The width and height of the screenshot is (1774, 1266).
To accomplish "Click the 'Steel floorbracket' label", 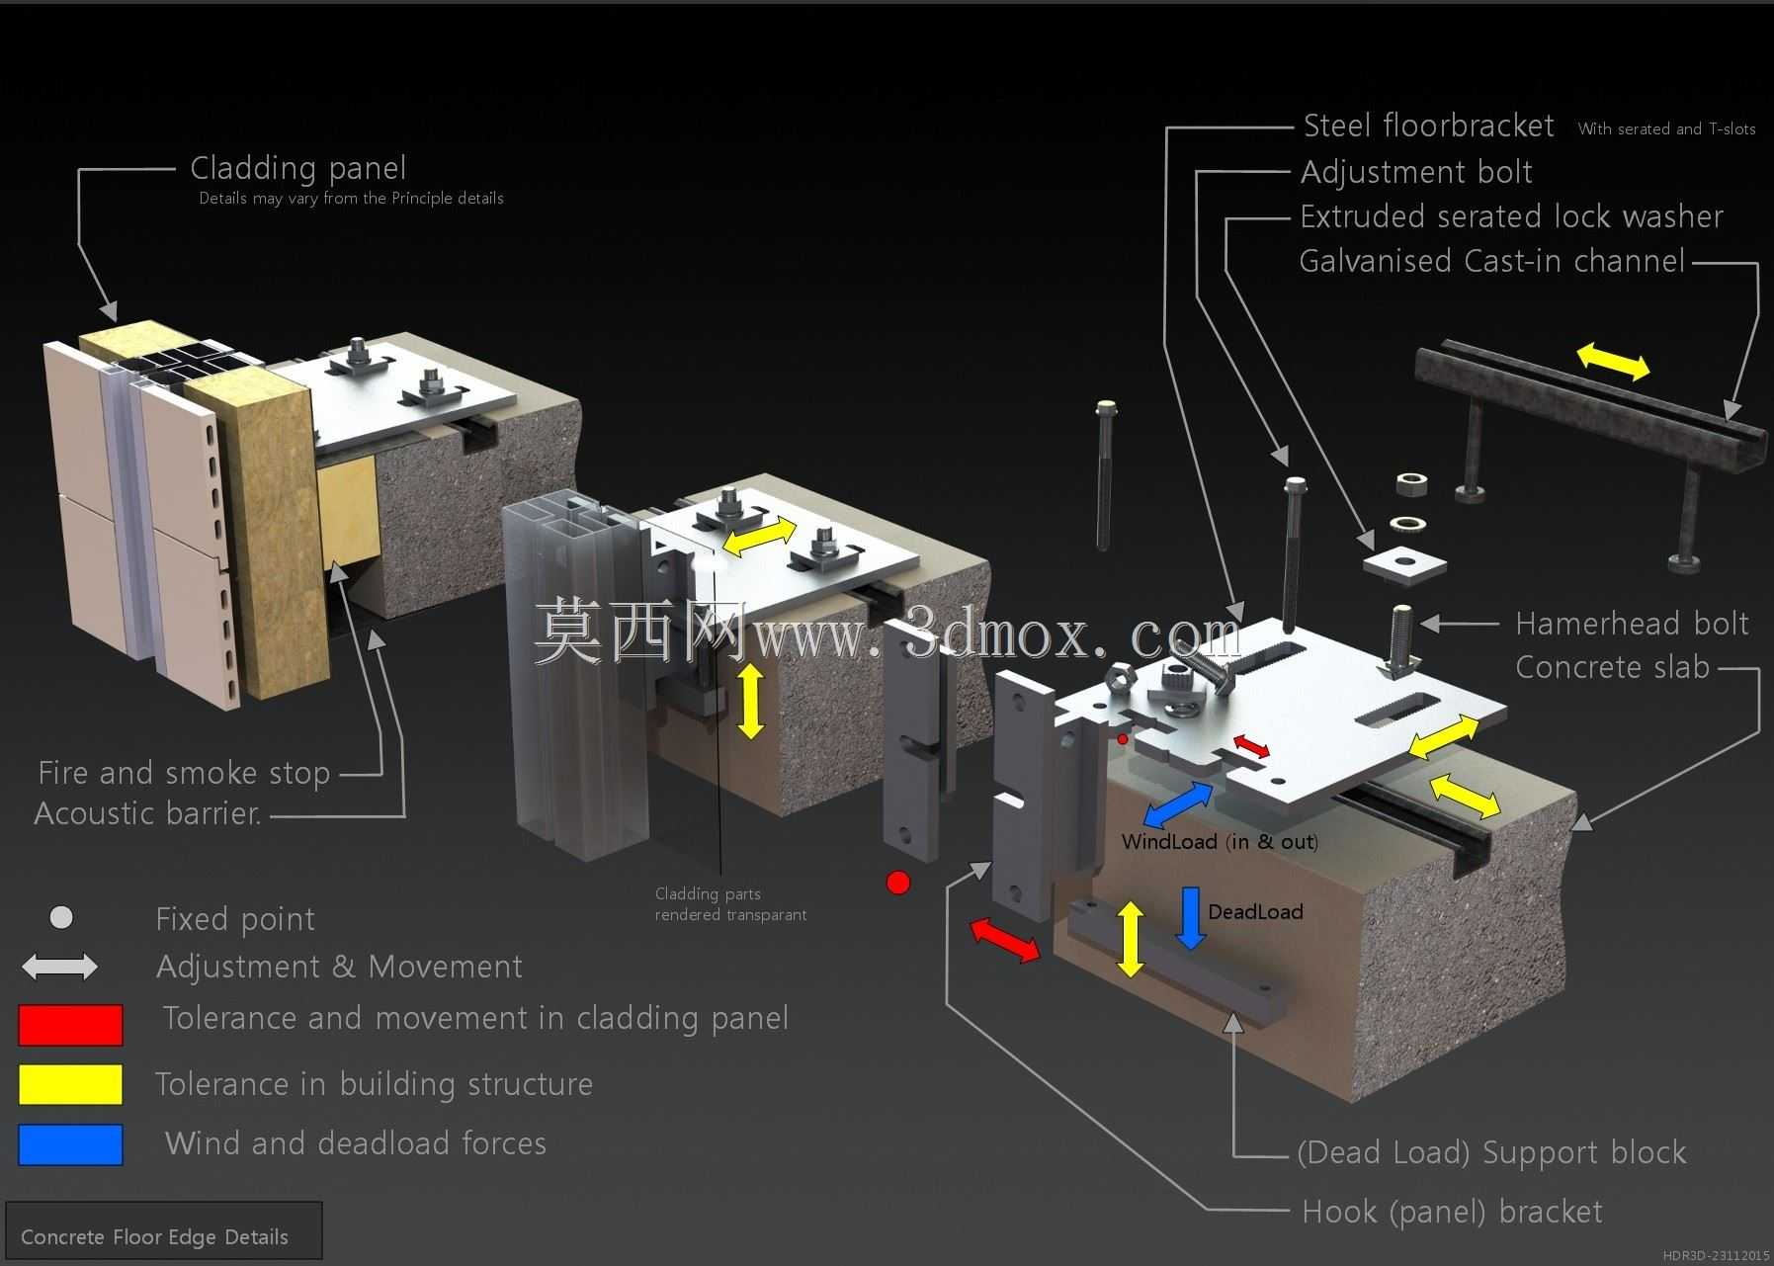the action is coord(1428,126).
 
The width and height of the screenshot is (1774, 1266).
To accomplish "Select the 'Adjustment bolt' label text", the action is coord(1416,172).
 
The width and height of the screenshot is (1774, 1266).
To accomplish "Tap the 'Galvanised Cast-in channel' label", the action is coord(1491,261).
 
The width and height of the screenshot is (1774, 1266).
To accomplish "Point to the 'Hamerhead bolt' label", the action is coord(1632,624).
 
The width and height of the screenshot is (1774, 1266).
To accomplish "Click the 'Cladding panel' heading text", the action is coord(297,168).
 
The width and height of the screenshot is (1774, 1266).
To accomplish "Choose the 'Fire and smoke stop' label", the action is coord(184,773).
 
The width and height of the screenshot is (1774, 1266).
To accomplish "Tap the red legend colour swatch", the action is coord(70,1025).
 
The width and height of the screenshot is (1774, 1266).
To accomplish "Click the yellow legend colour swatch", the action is coord(70,1084).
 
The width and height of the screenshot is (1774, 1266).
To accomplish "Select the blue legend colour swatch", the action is coord(70,1144).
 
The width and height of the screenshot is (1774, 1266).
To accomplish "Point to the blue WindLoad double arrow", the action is coord(1178,804).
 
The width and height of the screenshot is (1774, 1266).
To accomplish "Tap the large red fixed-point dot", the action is coord(898,883).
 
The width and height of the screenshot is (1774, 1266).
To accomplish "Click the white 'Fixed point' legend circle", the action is coord(61,918).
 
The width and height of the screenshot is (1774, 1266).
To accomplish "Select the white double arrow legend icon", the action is coord(59,967).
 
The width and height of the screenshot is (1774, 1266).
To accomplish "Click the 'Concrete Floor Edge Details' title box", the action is coord(164,1230).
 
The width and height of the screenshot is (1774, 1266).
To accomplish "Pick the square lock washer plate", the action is coord(1404,564).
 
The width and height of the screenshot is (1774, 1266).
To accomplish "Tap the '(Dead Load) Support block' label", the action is coord(1491,1152).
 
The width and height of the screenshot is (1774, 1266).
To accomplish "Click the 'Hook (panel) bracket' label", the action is coord(1452,1212).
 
